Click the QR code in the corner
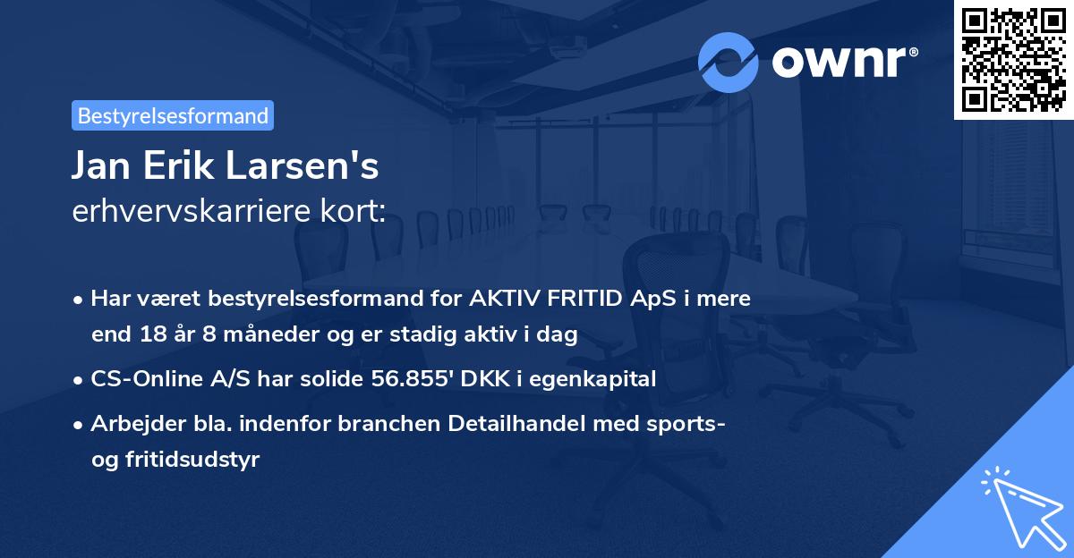pyautogui.click(x=1014, y=59)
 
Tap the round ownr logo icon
pyautogui.click(x=729, y=62)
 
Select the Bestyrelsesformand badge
pyautogui.click(x=173, y=115)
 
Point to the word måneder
pyautogui.click(x=246, y=334)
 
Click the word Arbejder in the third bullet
pyautogui.click(x=129, y=423)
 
